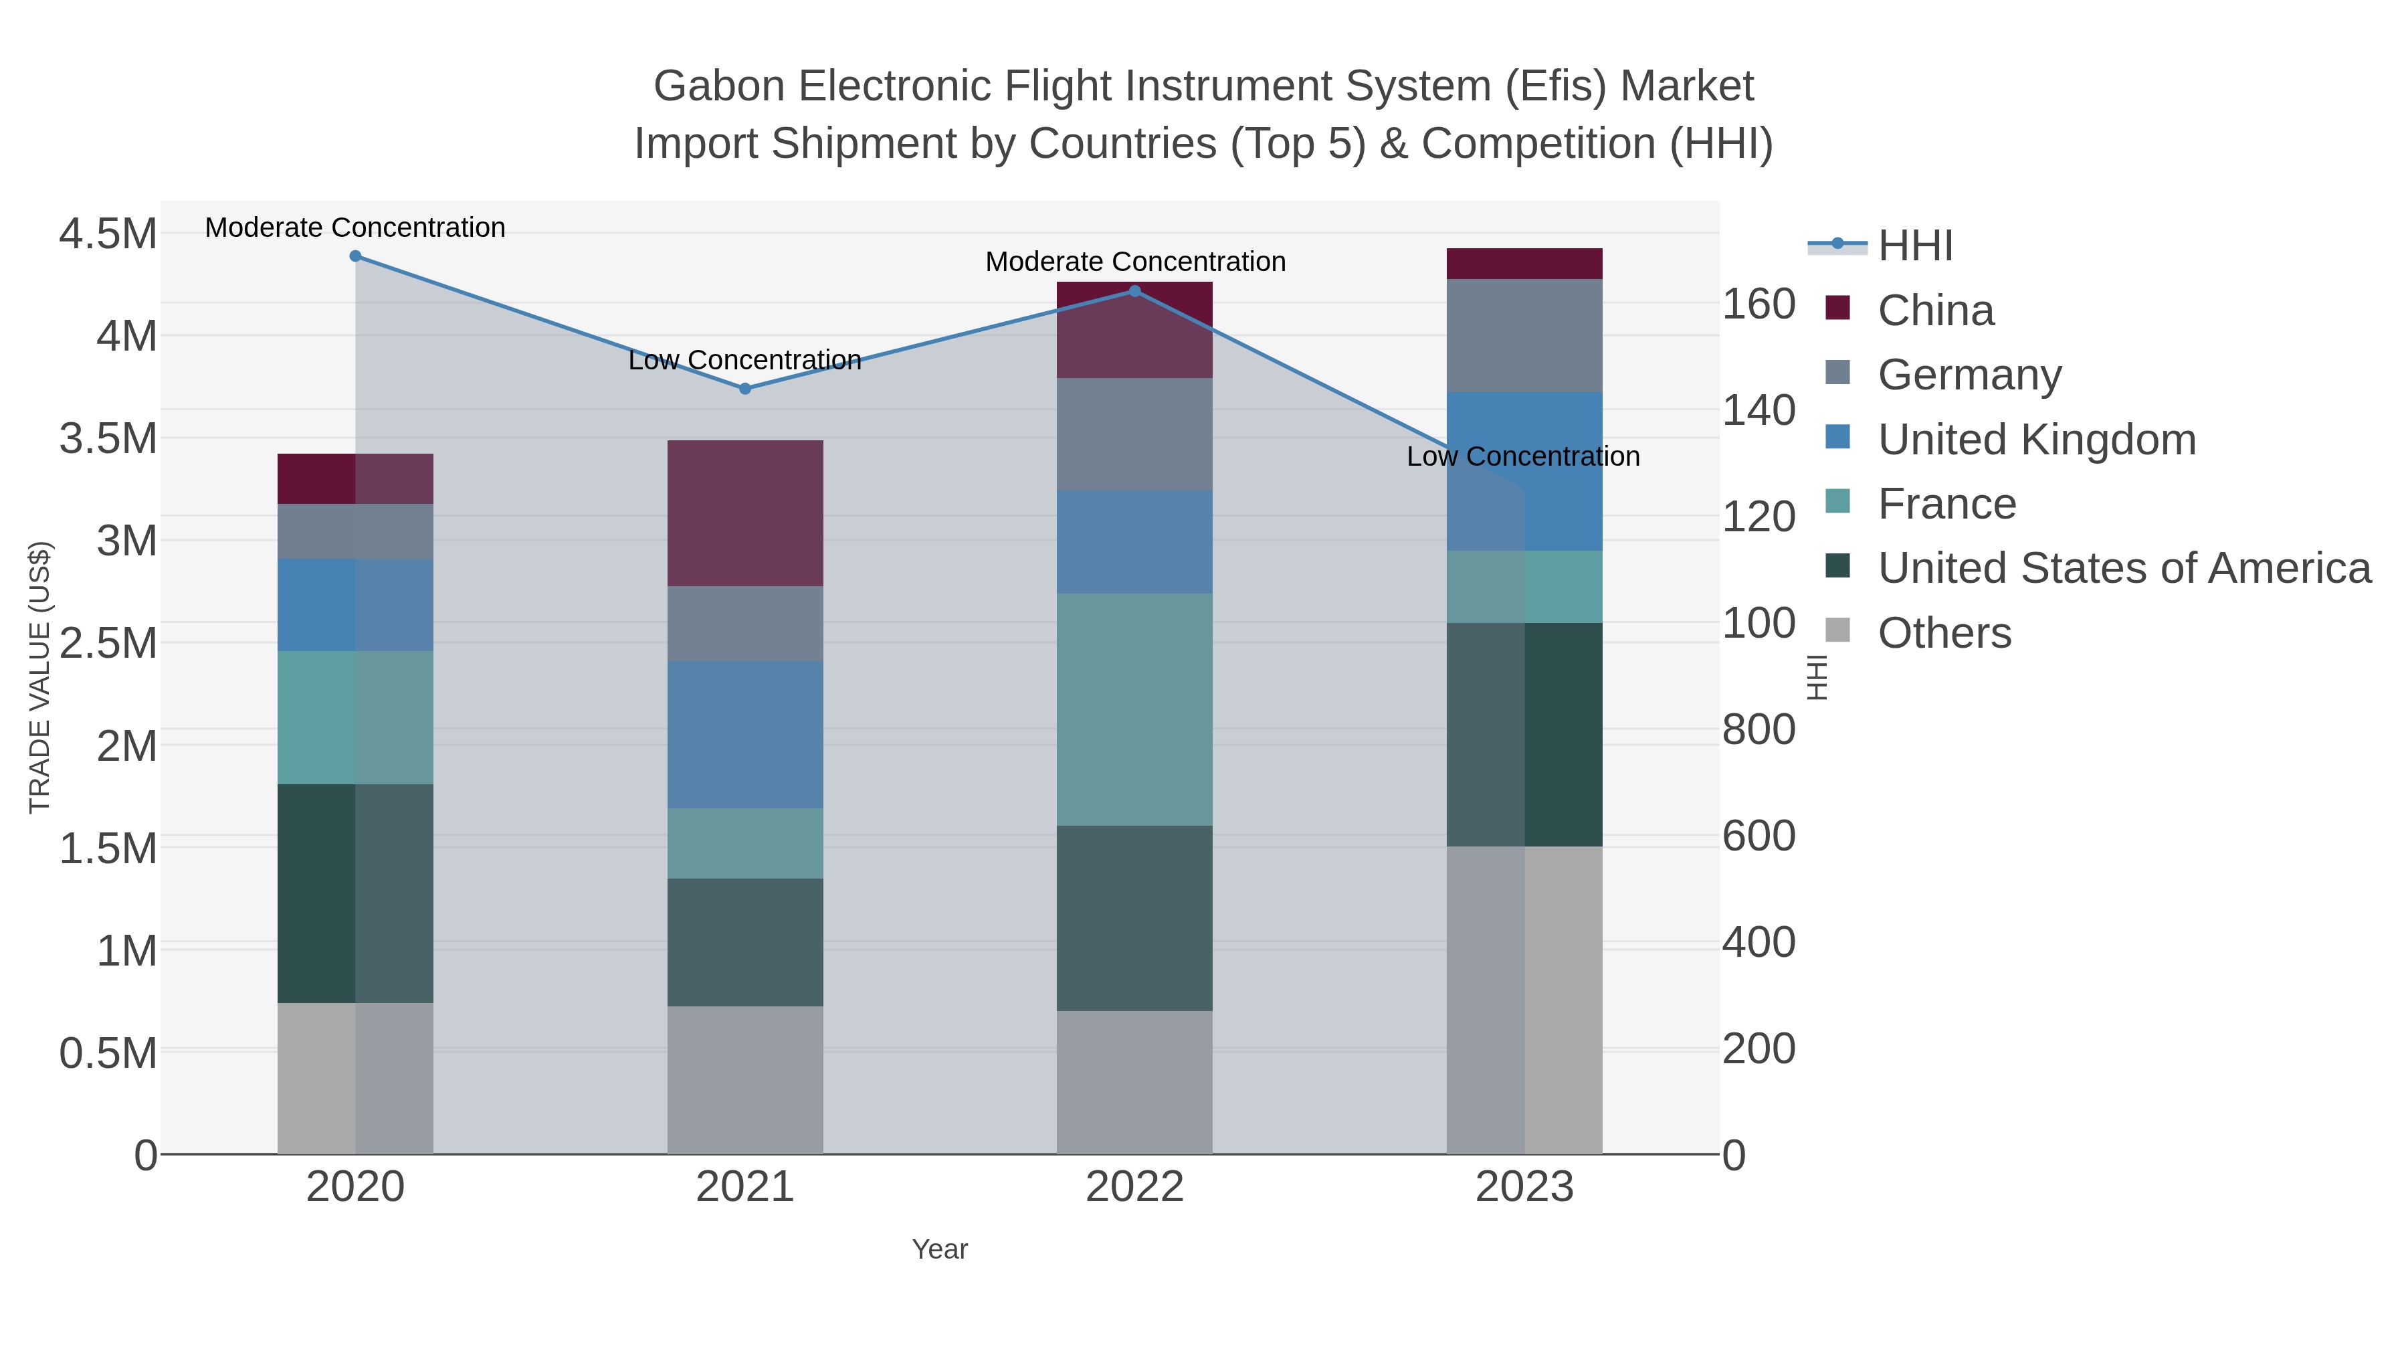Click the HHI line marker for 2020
pyautogui.click(x=355, y=256)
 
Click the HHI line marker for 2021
pyautogui.click(x=745, y=389)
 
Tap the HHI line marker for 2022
pyautogui.click(x=1135, y=291)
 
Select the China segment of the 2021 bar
pyautogui.click(x=745, y=513)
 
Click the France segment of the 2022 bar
pyautogui.click(x=1135, y=709)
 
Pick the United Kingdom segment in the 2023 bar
pyautogui.click(x=1524, y=471)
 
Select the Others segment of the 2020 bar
pyautogui.click(x=355, y=1078)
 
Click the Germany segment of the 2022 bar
pyautogui.click(x=1135, y=434)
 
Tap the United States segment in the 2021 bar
pyautogui.click(x=745, y=941)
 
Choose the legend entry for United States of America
pyautogui.click(x=2123, y=569)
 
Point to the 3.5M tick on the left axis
pyautogui.click(x=108, y=438)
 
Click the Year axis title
pyautogui.click(x=940, y=1249)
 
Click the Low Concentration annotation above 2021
pyautogui.click(x=745, y=360)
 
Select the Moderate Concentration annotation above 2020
pyautogui.click(x=355, y=228)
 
